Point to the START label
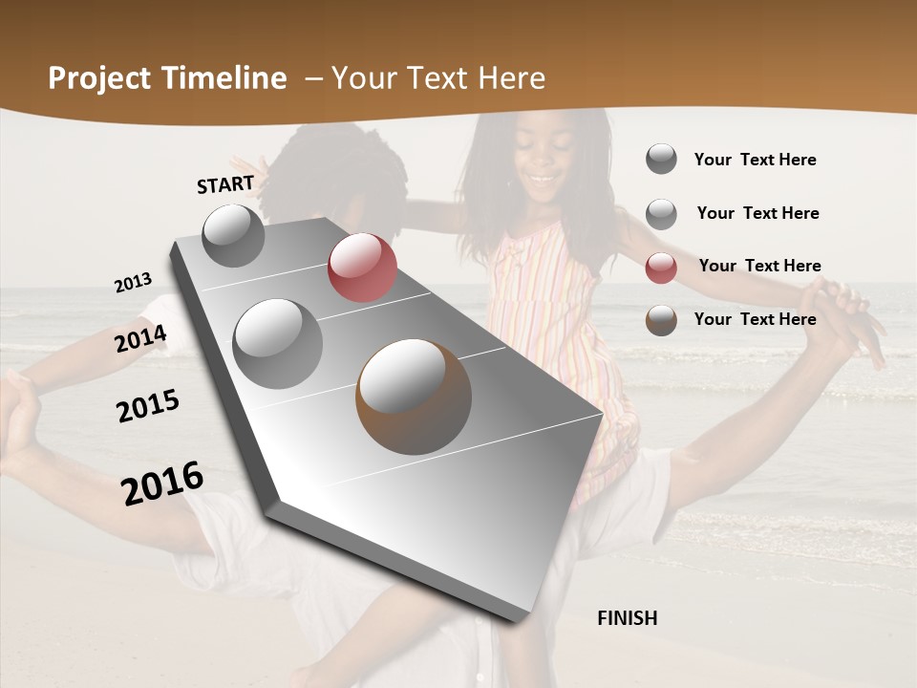coord(225,184)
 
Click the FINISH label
coord(628,618)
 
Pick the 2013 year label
coord(134,283)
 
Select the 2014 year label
coord(141,339)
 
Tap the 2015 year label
coord(148,407)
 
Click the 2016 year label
coord(162,484)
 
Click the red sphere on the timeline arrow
coord(362,268)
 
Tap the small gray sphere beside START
coord(234,235)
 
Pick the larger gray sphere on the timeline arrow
coord(278,343)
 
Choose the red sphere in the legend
coord(661,268)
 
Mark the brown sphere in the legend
coord(661,320)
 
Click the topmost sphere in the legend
coord(661,159)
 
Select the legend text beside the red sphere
coord(759,266)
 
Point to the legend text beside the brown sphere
coord(756,319)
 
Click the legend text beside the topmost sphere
coord(756,160)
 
